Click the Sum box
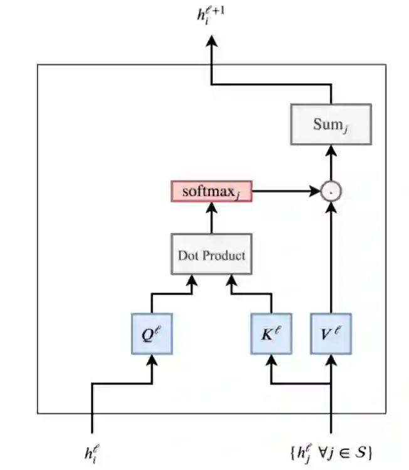(x=331, y=124)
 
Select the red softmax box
(x=211, y=191)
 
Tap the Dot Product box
(x=211, y=255)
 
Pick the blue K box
(x=271, y=334)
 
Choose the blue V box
(x=331, y=334)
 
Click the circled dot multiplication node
(x=331, y=191)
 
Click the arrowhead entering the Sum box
(x=331, y=150)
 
